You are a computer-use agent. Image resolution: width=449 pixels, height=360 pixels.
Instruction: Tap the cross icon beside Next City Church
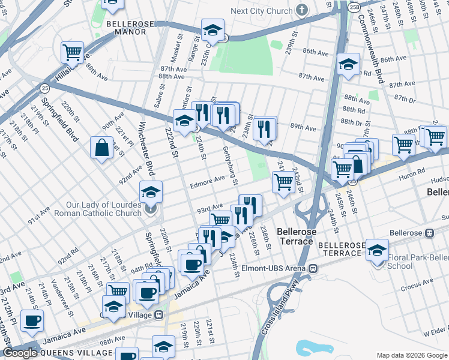(x=301, y=10)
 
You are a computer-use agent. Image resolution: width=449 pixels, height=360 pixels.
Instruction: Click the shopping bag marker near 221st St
(x=102, y=148)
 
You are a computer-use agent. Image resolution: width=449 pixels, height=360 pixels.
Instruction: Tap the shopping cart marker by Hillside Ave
(x=73, y=52)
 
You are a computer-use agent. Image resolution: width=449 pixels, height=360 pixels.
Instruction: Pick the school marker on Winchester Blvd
(x=151, y=193)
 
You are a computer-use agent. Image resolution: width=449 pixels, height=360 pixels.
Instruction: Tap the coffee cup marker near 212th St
(x=32, y=320)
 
